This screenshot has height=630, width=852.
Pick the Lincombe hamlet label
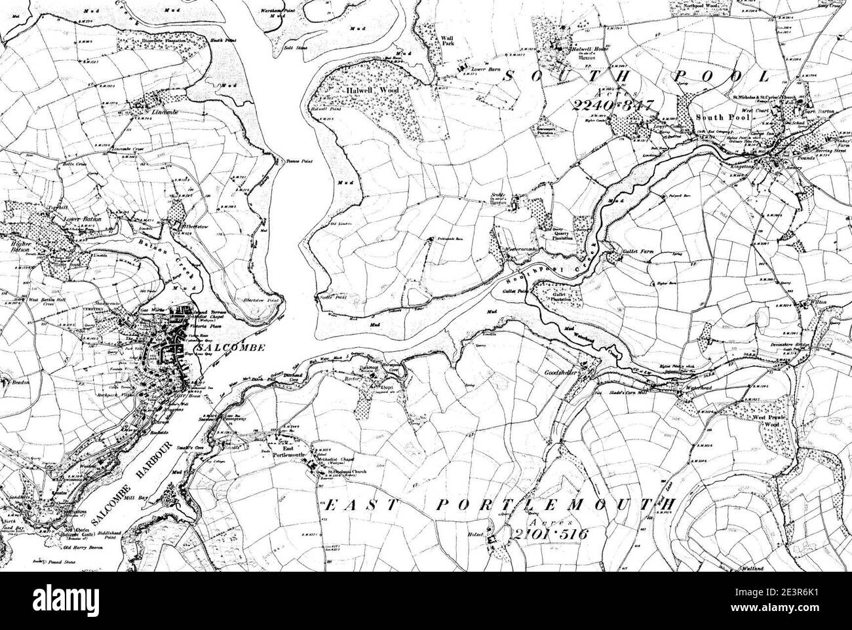[152, 113]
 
